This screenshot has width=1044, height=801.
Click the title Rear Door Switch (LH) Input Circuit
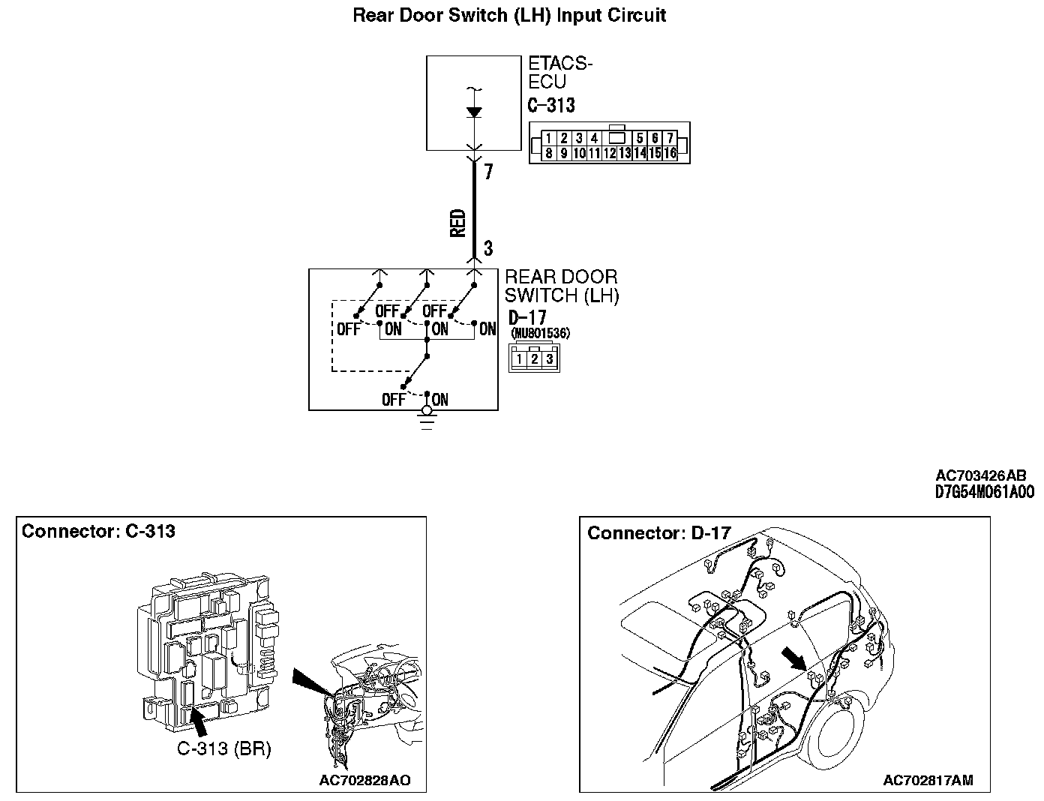point(509,15)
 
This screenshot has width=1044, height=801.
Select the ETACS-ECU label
point(560,72)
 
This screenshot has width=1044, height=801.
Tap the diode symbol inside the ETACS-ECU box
point(473,112)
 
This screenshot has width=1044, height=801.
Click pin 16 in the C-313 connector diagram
point(670,153)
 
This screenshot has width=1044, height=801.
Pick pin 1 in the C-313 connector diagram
point(549,138)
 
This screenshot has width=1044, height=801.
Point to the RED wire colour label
point(457,223)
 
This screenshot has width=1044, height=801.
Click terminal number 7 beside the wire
point(488,172)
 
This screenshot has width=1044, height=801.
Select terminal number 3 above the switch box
point(488,248)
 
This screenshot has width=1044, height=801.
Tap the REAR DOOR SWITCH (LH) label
point(562,286)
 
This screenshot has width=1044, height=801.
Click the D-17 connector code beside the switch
point(527,318)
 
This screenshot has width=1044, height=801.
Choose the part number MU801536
point(539,334)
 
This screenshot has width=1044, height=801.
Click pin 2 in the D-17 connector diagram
point(534,358)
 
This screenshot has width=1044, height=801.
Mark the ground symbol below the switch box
point(427,420)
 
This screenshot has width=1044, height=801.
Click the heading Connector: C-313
point(98,532)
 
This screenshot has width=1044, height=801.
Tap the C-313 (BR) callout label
point(223,748)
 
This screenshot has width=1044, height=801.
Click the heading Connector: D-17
point(658,533)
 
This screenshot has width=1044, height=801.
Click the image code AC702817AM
point(928,780)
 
